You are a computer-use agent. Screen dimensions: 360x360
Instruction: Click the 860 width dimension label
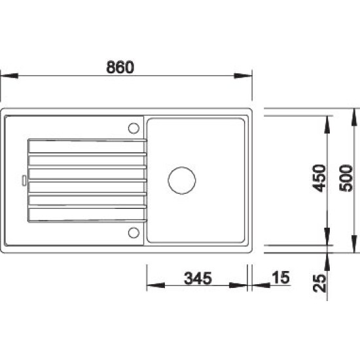pyautogui.click(x=120, y=67)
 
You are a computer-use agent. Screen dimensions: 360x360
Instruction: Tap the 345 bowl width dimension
pyautogui.click(x=198, y=278)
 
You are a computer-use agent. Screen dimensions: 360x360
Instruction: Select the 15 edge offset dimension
pyautogui.click(x=281, y=278)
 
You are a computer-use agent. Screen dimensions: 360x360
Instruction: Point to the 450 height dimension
pyautogui.click(x=319, y=178)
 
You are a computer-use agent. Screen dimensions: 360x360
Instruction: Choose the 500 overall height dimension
pyautogui.click(x=346, y=178)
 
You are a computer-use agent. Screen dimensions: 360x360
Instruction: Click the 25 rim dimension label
pyautogui.click(x=319, y=283)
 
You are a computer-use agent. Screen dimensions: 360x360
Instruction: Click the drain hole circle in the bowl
pyautogui.click(x=182, y=181)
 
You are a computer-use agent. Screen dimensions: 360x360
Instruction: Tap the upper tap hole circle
pyautogui.click(x=134, y=128)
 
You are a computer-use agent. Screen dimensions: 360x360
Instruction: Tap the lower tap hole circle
pyautogui.click(x=134, y=232)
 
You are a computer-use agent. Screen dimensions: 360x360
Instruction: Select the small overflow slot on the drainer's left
pyautogui.click(x=24, y=181)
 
